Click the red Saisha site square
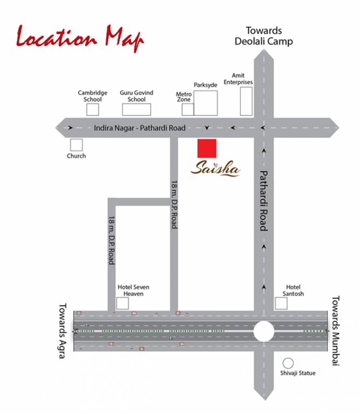[207, 148]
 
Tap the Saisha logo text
[216, 169]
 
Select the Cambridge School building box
[93, 109]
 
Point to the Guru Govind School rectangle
[136, 109]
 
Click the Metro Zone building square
[187, 109]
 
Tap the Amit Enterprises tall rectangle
[246, 100]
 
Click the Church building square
[76, 144]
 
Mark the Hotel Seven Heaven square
[123, 303]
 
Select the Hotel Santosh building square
[281, 303]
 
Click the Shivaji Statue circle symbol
[288, 363]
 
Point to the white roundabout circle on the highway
[264, 331]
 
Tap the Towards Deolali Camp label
[264, 36]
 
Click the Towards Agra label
[61, 330]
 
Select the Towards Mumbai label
[335, 331]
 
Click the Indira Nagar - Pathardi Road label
[139, 128]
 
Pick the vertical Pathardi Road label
[264, 201]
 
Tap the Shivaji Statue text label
[298, 373]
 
